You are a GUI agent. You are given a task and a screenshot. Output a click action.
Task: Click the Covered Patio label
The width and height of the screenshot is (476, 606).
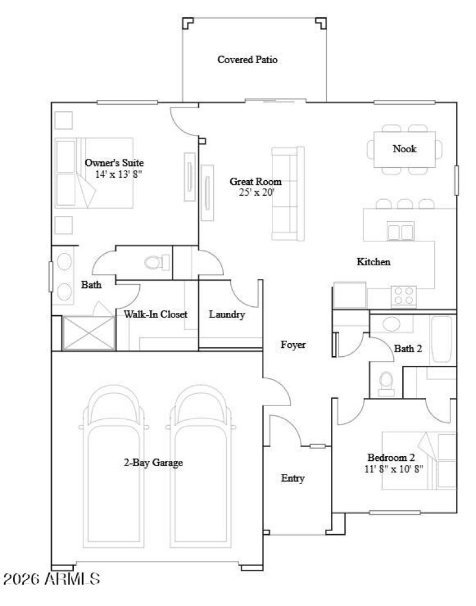247,59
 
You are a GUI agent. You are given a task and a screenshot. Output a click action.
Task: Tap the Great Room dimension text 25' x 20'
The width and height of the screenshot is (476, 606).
255,192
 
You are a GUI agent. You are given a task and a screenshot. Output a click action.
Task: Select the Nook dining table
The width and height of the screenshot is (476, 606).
405,149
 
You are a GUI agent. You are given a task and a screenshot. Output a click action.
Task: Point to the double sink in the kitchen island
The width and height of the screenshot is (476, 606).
400,230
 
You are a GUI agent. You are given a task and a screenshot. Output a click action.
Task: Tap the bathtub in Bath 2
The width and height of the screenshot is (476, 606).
442,339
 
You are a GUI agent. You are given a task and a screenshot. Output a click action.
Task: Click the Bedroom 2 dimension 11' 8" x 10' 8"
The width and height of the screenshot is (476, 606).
394,468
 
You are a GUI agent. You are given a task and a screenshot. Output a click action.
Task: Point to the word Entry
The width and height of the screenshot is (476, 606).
293,478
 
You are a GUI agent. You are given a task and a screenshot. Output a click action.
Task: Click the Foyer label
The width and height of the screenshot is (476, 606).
293,344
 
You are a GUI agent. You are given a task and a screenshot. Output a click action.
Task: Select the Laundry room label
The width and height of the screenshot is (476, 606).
227,315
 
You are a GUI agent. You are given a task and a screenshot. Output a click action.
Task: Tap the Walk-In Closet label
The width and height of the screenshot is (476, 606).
156,315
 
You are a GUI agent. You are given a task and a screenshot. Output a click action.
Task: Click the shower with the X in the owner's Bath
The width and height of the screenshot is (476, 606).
87,332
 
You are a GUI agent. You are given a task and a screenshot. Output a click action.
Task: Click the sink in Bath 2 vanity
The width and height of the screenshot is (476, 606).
391,325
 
